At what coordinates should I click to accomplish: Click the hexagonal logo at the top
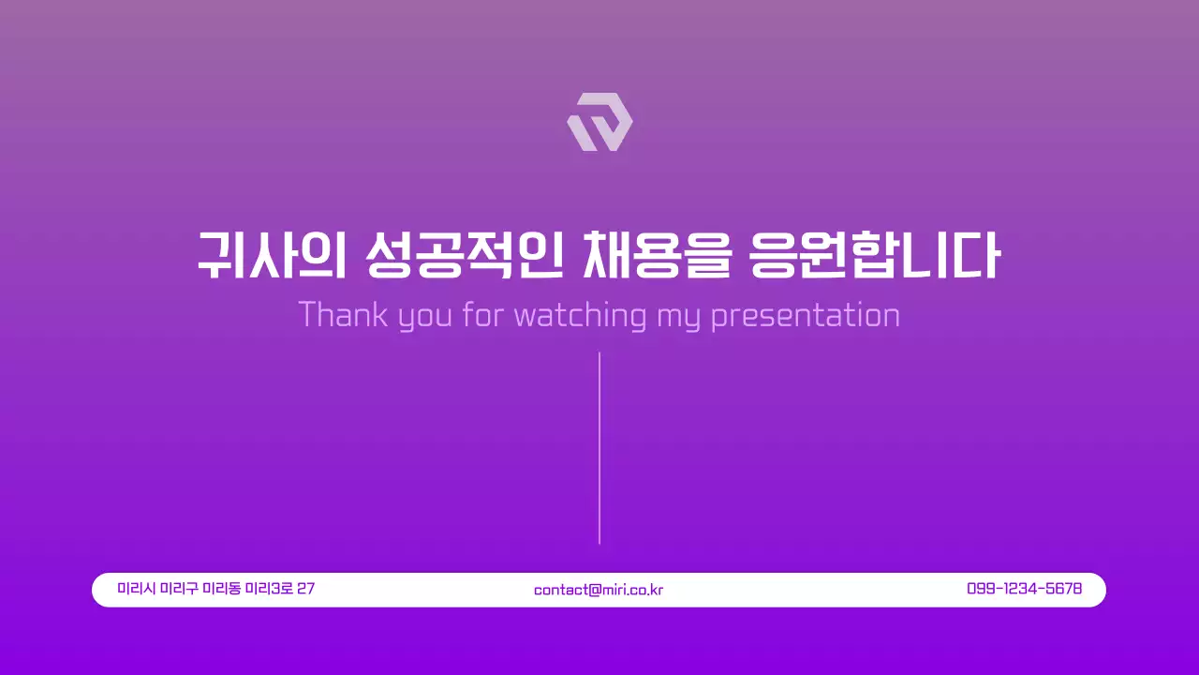pos(599,122)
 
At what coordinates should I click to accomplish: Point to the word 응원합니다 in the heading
pos(876,254)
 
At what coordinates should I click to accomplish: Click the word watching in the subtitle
pos(581,315)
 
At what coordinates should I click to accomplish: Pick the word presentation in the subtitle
pos(806,315)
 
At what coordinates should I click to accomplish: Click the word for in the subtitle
pos(483,315)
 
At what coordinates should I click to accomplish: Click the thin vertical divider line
pos(599,448)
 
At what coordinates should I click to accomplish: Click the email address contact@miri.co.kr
pos(599,590)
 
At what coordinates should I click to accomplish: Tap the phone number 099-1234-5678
pos(1024,589)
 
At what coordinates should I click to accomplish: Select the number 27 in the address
pos(305,589)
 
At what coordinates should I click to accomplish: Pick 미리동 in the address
pos(221,589)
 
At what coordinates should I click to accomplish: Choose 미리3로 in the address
pos(268,589)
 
